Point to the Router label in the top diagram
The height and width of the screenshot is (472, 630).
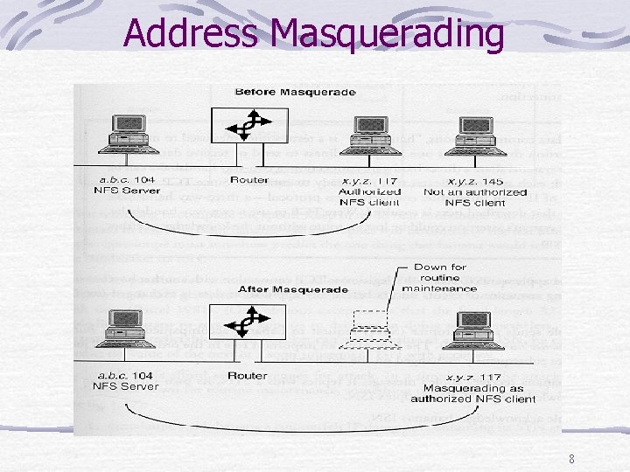coord(249,180)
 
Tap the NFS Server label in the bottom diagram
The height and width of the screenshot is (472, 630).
coord(124,385)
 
